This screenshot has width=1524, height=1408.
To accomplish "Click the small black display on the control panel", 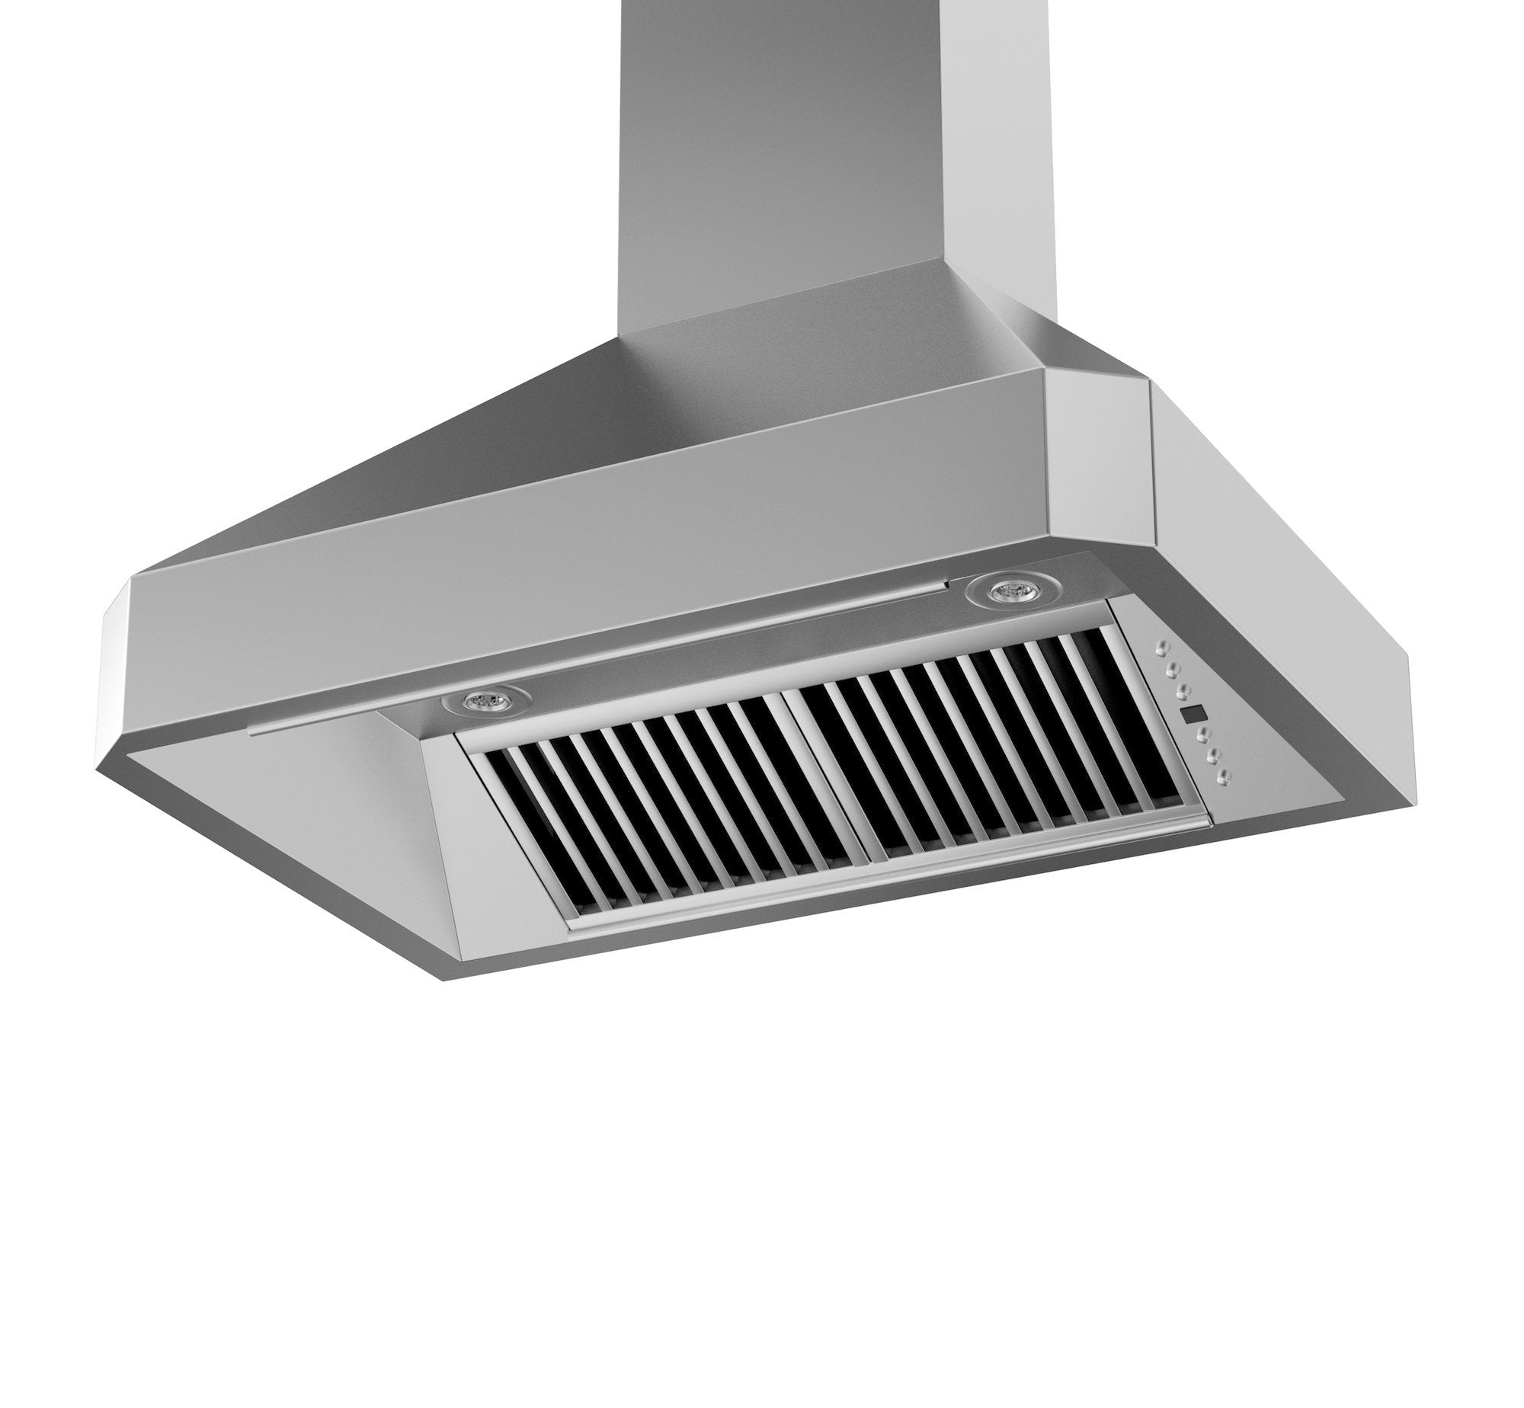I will tap(1194, 714).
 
